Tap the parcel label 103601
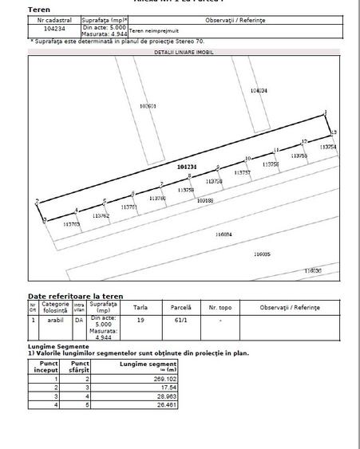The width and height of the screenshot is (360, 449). pos(147,105)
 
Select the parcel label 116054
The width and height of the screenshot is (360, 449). pos(224,234)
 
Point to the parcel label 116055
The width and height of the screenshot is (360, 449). pos(262,254)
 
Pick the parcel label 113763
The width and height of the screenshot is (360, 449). pos(72,225)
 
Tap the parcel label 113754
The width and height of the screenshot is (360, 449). pos(328,147)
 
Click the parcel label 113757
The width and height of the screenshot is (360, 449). pos(243,172)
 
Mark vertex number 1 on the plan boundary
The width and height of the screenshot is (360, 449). pos(326,112)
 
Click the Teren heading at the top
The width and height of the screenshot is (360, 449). pos(39,9)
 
